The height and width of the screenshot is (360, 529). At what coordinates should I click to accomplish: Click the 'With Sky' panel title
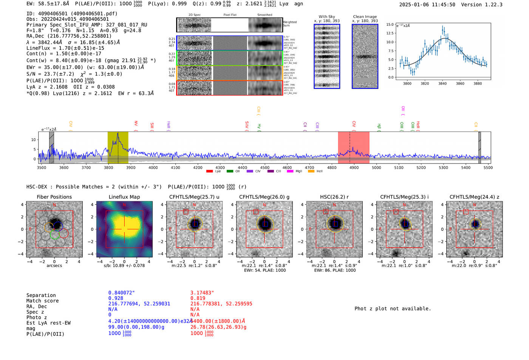pyautogui.click(x=326, y=17)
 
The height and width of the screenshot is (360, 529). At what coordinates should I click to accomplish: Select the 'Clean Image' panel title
pyautogui.click(x=365, y=17)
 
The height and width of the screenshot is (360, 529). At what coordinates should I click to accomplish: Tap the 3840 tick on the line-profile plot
pyautogui.click(x=442, y=83)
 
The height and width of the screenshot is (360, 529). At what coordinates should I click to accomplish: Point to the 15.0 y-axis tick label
pyautogui.click(x=390, y=25)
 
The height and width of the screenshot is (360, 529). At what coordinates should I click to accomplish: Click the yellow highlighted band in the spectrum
pyautogui.click(x=118, y=147)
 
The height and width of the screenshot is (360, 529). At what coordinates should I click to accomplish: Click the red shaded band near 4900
pyautogui.click(x=353, y=147)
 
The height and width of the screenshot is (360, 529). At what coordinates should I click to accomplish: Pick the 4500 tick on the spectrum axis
pyautogui.click(x=264, y=168)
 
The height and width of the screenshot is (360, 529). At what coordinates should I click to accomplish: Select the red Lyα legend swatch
pyautogui.click(x=209, y=172)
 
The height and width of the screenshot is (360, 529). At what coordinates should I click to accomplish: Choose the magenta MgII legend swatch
pyautogui.click(x=290, y=172)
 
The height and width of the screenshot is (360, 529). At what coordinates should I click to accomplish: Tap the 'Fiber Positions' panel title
pyautogui.click(x=54, y=197)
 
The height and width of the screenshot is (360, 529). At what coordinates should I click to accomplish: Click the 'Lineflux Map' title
pyautogui.click(x=124, y=197)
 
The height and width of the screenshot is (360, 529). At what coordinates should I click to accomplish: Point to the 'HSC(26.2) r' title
pyautogui.click(x=334, y=197)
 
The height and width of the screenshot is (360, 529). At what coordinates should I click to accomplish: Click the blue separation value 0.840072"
pyautogui.click(x=121, y=293)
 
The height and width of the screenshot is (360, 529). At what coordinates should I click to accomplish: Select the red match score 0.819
pyautogui.click(x=198, y=298)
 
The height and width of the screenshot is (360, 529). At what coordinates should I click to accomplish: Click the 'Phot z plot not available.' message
pyautogui.click(x=392, y=309)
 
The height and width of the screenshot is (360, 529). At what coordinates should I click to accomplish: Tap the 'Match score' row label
pyautogui.click(x=42, y=301)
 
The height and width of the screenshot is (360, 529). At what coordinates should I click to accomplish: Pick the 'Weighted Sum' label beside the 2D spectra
pyautogui.click(x=289, y=24)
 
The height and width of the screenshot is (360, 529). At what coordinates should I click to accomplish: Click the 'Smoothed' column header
pyautogui.click(x=264, y=15)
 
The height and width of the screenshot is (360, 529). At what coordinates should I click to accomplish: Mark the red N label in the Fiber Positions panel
pyautogui.click(x=54, y=205)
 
